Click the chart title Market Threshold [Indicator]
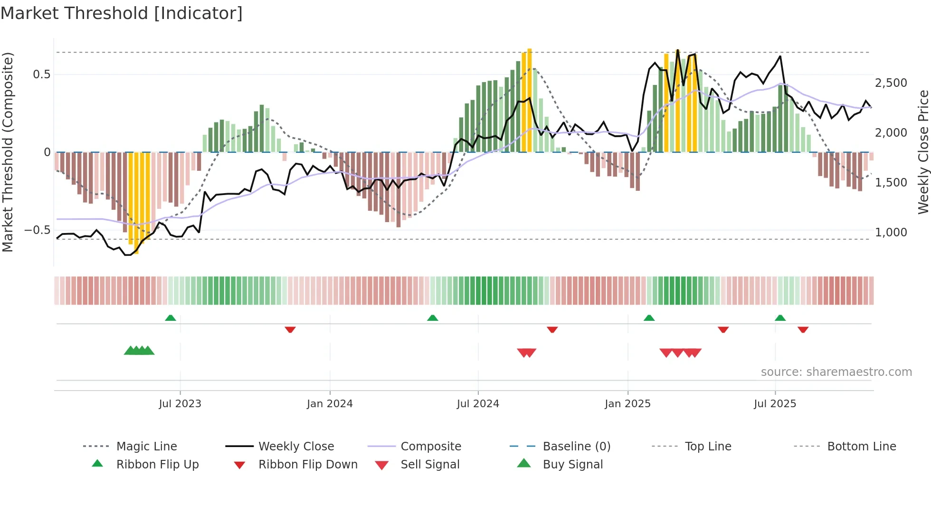[x=122, y=13]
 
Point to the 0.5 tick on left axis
[x=41, y=75]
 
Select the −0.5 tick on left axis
[x=38, y=230]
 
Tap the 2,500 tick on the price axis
[x=891, y=83]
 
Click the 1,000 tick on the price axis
[x=891, y=233]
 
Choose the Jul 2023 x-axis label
[x=180, y=404]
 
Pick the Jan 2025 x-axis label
[x=627, y=404]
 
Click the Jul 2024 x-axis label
[x=478, y=404]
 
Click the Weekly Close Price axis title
[x=923, y=152]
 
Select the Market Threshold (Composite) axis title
[x=8, y=152]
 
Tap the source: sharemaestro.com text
[x=836, y=372]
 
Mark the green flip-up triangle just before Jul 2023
[x=171, y=318]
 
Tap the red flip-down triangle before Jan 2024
[x=290, y=329]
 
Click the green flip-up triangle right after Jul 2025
[x=780, y=318]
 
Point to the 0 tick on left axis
[x=47, y=152]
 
